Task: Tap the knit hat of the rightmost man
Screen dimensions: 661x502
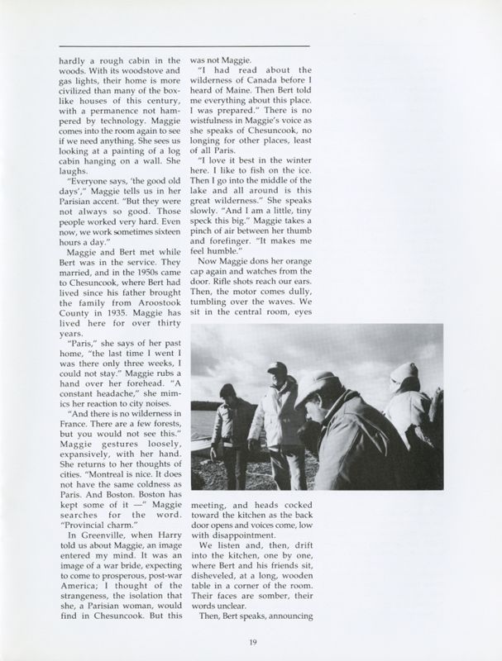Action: pos(406,373)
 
